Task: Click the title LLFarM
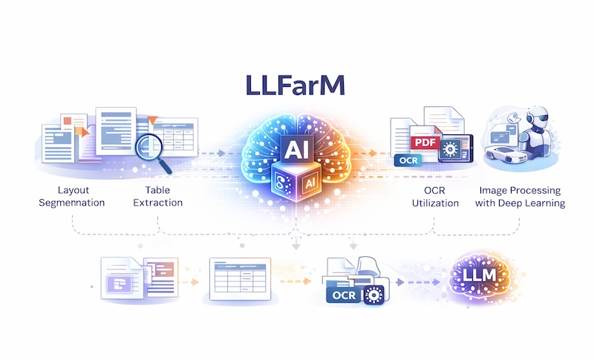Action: [x=296, y=85]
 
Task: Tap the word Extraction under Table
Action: [x=157, y=203]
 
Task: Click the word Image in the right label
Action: [x=495, y=189]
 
